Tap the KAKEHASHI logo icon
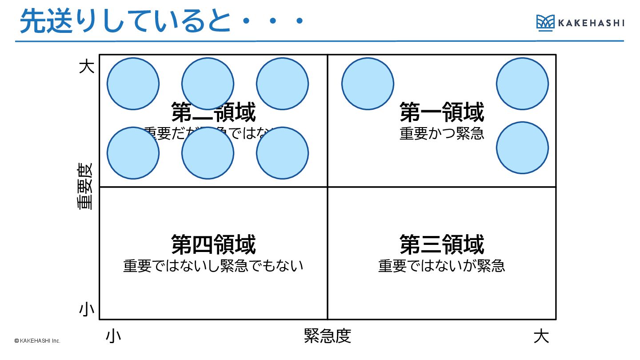coord(545,22)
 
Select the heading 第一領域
coord(441,112)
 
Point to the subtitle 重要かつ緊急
coord(441,133)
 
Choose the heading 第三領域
coord(441,244)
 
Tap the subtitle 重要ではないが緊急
coord(441,266)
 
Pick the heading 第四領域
coord(213,244)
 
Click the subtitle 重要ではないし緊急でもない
coord(213,266)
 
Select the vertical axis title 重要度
coord(84,186)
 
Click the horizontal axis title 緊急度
coord(328,336)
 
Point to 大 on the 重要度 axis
coord(87,67)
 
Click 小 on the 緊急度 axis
coord(113,336)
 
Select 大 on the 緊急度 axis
coord(541,336)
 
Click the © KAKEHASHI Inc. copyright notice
coord(37,341)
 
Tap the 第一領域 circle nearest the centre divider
coord(368,84)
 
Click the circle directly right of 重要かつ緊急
coord(522,148)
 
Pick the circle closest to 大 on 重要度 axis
coord(133,84)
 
